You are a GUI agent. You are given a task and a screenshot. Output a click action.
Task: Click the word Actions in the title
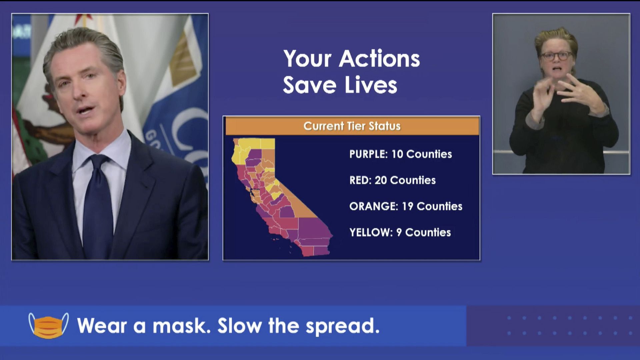click(x=379, y=59)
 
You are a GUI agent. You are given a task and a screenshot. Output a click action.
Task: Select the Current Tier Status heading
click(x=352, y=126)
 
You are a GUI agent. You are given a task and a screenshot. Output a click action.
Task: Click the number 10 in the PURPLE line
click(x=397, y=154)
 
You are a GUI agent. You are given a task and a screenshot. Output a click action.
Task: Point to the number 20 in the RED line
click(x=380, y=180)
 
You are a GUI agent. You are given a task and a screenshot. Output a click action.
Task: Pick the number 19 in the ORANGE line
click(x=407, y=206)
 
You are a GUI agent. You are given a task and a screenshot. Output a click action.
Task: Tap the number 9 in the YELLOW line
click(x=399, y=232)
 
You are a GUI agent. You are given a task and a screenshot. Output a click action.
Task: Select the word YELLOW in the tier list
click(x=371, y=232)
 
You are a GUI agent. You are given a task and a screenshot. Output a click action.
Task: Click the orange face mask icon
click(x=48, y=326)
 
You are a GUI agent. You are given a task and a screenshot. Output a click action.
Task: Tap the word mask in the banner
click(x=181, y=326)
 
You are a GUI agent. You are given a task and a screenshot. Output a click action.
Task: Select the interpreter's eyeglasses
click(x=555, y=55)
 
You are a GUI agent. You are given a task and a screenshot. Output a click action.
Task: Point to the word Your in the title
click(x=307, y=59)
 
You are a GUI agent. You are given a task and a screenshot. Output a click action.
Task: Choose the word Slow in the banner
click(x=239, y=326)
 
